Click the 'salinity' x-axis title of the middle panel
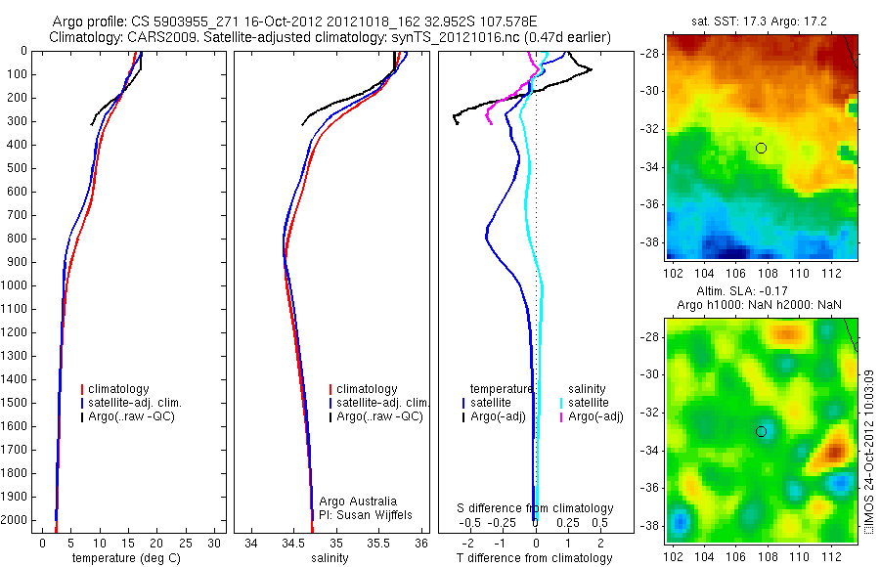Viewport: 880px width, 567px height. [330, 558]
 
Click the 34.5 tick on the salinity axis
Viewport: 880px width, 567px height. [293, 541]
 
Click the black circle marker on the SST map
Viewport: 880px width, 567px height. [761, 148]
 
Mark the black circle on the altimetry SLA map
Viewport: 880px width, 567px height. [761, 431]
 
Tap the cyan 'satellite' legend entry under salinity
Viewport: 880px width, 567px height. [591, 403]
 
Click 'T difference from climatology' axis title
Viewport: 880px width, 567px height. [535, 558]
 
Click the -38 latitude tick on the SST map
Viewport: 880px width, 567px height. [652, 241]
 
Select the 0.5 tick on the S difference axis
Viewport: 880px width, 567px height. [595, 523]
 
